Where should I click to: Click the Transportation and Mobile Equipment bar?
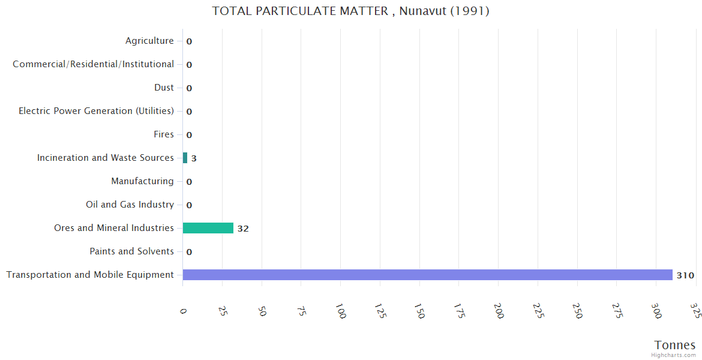pyautogui.click(x=427, y=275)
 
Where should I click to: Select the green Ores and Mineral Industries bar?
pyautogui.click(x=208, y=228)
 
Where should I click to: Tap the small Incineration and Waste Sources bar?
pyautogui.click(x=185, y=158)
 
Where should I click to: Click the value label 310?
pyautogui.click(x=685, y=275)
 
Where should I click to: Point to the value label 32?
pyautogui.click(x=243, y=229)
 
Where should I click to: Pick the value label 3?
pyautogui.click(x=194, y=158)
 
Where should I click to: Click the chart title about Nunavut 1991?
pyautogui.click(x=351, y=11)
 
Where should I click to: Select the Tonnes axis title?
pyautogui.click(x=675, y=345)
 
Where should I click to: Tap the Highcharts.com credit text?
pyautogui.click(x=674, y=355)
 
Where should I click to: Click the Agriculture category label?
pyautogui.click(x=149, y=41)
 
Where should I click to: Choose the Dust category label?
pyautogui.click(x=164, y=88)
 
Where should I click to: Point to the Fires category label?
pyautogui.click(x=163, y=134)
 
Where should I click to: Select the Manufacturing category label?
pyautogui.click(x=142, y=181)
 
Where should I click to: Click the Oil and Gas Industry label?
pyautogui.click(x=130, y=205)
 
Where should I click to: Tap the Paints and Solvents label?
pyautogui.click(x=131, y=251)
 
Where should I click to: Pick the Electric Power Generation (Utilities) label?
pyautogui.click(x=96, y=111)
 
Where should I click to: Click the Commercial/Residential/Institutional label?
pyautogui.click(x=93, y=64)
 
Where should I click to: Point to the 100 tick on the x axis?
pyautogui.click(x=340, y=312)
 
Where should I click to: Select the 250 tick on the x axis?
pyautogui.click(x=577, y=312)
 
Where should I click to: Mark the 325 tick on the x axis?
pyautogui.click(x=695, y=312)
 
